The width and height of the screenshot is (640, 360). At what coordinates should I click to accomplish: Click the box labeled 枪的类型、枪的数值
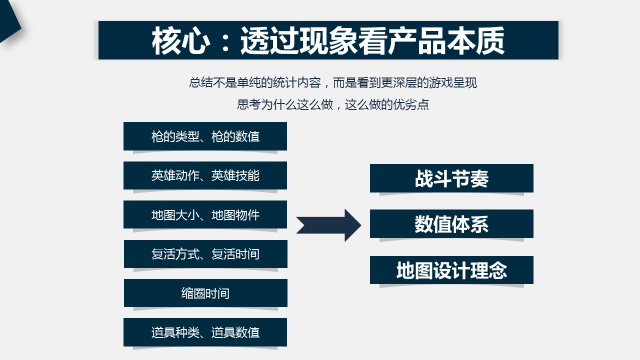tap(205, 136)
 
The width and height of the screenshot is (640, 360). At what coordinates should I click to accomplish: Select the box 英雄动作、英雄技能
tap(205, 175)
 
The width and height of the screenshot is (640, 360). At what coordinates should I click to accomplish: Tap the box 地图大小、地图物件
tap(205, 214)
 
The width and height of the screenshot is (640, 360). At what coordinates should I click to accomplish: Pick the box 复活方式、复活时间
tap(205, 254)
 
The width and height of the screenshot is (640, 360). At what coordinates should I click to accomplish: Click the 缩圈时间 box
tap(205, 293)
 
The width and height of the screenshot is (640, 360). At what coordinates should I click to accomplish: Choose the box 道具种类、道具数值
tap(205, 332)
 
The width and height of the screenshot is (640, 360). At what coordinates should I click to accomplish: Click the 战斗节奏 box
tap(451, 178)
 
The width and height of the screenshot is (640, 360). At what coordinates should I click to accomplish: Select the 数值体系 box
tap(451, 223)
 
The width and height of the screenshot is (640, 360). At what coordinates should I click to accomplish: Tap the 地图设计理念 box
tap(451, 270)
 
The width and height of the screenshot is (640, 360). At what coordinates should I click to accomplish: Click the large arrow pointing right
tap(328, 225)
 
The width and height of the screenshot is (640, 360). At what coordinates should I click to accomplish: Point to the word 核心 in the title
tap(181, 40)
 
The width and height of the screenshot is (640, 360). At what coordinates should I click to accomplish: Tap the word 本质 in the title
tap(475, 40)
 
